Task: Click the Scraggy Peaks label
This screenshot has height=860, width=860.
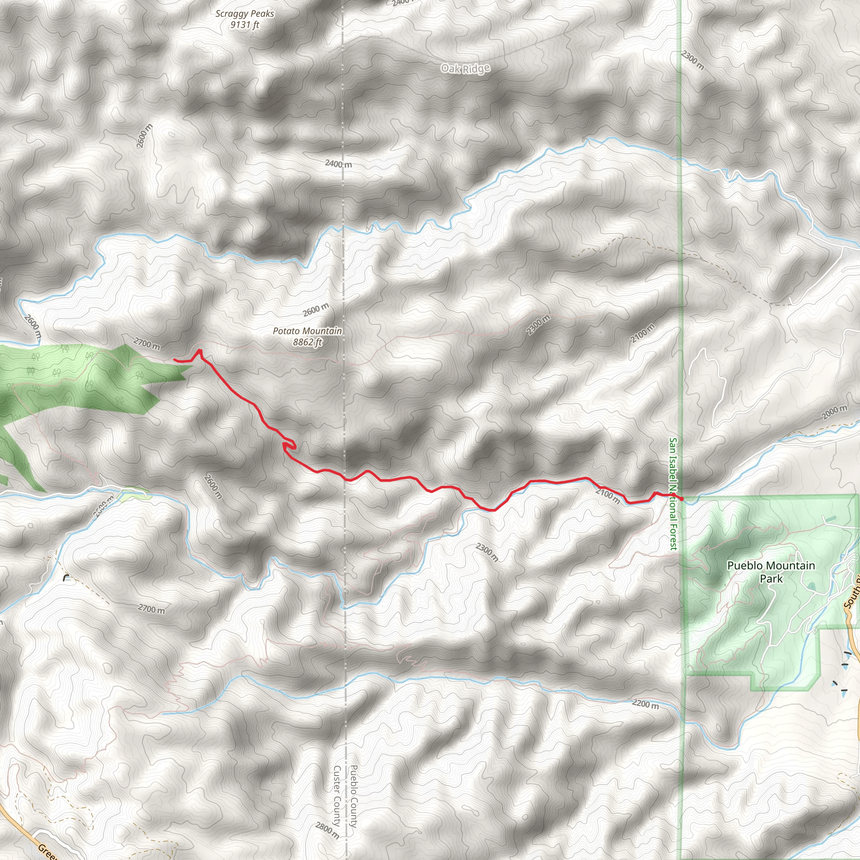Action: click(244, 14)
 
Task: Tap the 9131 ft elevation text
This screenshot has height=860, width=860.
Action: click(244, 25)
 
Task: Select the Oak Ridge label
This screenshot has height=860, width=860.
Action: click(465, 68)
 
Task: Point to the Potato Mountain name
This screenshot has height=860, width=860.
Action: click(307, 331)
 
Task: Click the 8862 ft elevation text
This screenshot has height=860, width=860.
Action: click(307, 342)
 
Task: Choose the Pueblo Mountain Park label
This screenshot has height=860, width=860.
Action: click(771, 572)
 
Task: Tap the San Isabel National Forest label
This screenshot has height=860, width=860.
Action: click(674, 494)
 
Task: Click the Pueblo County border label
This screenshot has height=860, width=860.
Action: click(354, 796)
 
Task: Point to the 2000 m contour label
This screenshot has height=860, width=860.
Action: click(835, 412)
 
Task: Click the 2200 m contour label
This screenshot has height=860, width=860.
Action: click(645, 704)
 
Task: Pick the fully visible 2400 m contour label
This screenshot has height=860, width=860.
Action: click(338, 164)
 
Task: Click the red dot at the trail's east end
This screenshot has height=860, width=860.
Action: click(681, 499)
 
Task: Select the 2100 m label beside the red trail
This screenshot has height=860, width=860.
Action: click(608, 496)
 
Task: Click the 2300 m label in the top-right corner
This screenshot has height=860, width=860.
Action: click(692, 60)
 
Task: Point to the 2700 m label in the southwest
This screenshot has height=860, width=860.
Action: click(151, 608)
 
